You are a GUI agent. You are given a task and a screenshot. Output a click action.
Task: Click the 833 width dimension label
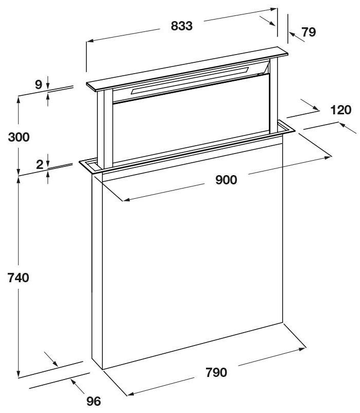click(182, 26)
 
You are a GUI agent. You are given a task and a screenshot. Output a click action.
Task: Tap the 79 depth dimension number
click(308, 32)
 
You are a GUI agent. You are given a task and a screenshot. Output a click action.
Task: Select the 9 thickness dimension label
click(39, 84)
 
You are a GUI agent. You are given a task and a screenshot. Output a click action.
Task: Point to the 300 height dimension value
click(19, 137)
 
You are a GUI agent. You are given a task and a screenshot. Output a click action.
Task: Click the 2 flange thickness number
click(39, 165)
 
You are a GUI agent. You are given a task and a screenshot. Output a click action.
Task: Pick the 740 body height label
click(18, 278)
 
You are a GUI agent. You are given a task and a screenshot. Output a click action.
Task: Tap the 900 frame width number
click(226, 180)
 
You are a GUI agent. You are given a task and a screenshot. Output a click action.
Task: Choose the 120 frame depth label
click(341, 110)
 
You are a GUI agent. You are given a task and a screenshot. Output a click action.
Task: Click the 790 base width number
click(216, 372)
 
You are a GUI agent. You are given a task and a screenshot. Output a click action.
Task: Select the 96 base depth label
click(94, 401)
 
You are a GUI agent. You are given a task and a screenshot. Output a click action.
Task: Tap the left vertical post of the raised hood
click(105, 129)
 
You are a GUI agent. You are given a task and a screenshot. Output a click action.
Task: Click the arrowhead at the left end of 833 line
click(90, 41)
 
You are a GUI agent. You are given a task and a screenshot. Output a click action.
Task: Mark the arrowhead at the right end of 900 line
click(328, 158)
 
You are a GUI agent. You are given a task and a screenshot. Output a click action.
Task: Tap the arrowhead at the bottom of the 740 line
click(18, 374)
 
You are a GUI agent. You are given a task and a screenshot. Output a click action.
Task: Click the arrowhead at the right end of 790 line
click(302, 349)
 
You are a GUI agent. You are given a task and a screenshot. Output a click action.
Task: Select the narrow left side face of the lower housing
click(97, 271)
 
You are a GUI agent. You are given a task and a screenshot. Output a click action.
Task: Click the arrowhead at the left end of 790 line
click(131, 394)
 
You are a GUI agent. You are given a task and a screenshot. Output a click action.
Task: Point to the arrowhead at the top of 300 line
click(18, 100)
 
